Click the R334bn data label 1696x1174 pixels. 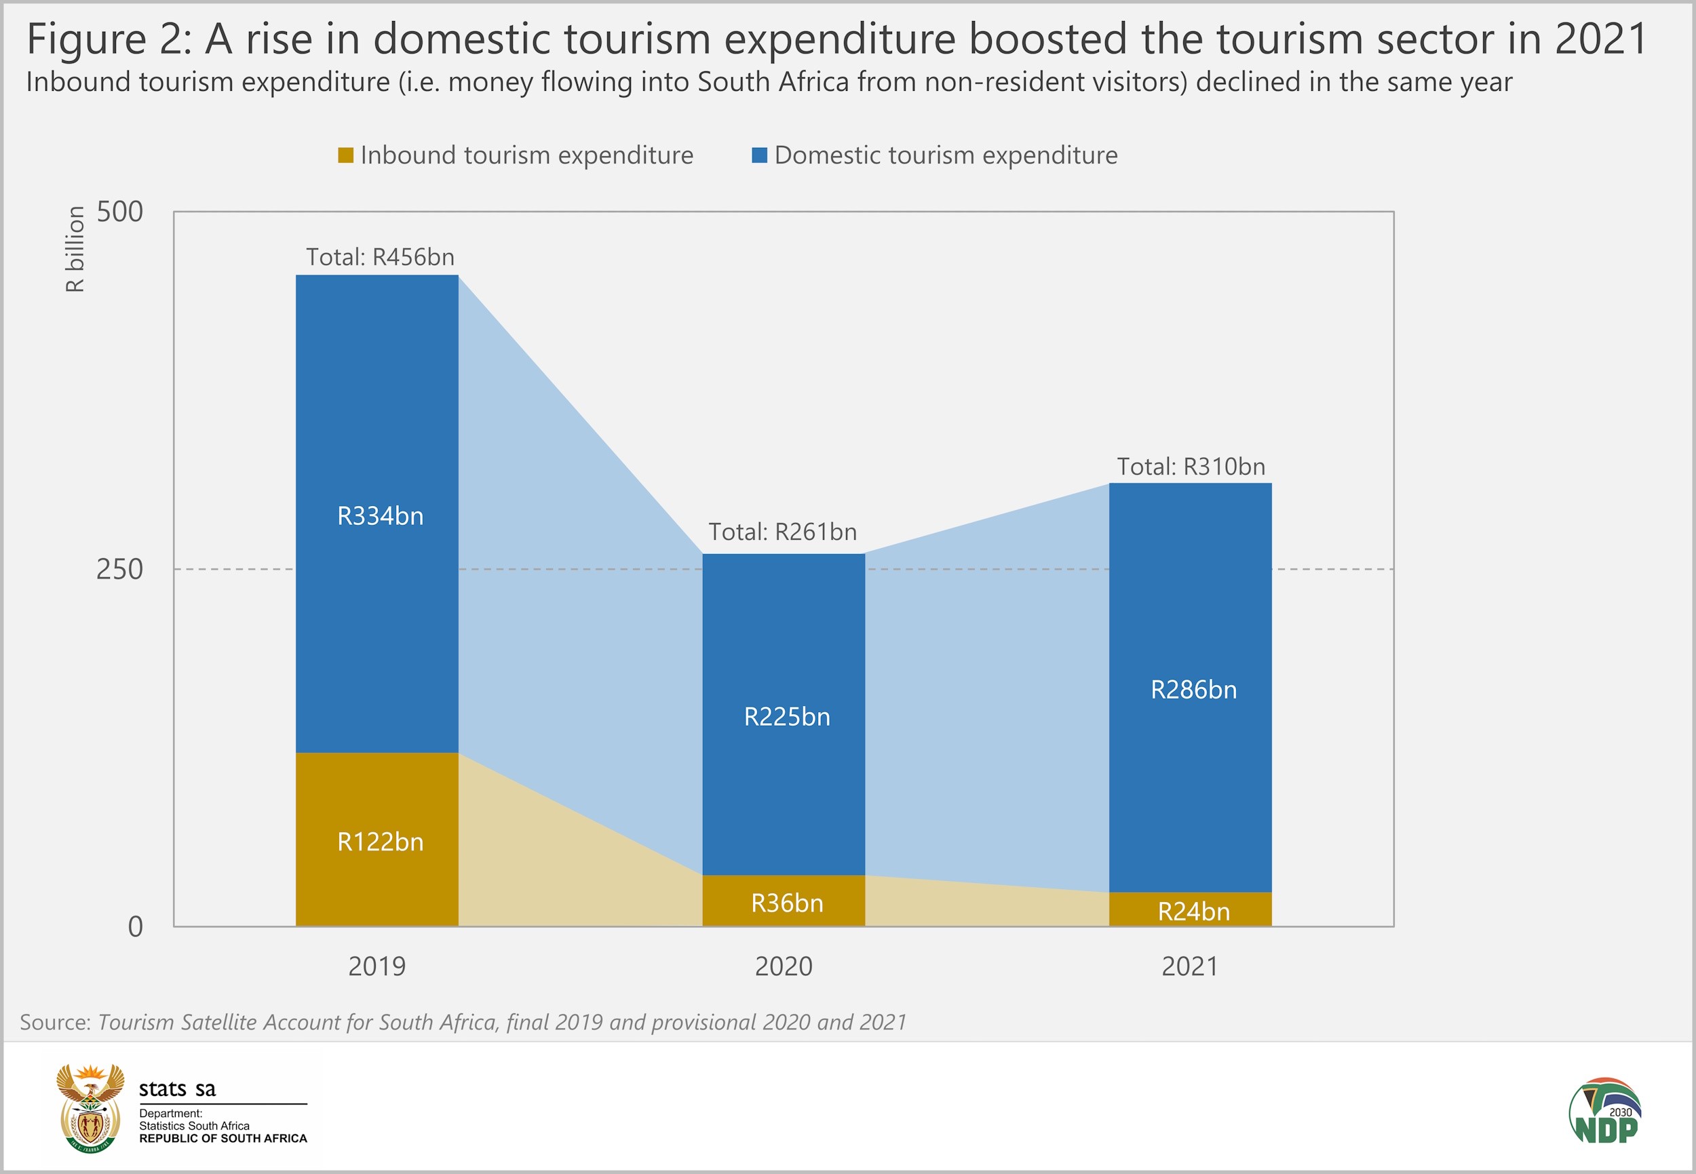[x=380, y=515]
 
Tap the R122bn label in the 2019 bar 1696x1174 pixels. [x=380, y=842]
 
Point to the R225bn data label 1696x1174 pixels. [x=786, y=716]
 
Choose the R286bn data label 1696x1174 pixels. [x=1193, y=689]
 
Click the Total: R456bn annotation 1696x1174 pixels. [x=380, y=257]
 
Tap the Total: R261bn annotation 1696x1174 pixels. [x=782, y=531]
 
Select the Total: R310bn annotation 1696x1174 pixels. [x=1191, y=467]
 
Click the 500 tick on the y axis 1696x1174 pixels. [x=120, y=212]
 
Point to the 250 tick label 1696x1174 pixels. [x=120, y=569]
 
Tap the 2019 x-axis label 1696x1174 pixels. [x=377, y=966]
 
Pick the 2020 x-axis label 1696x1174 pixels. [x=784, y=966]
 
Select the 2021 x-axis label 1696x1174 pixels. [x=1190, y=966]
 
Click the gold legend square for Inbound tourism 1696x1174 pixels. [x=345, y=155]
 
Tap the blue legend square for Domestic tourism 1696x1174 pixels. [x=759, y=155]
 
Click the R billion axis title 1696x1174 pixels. [x=75, y=249]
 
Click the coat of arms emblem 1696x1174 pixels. [x=90, y=1108]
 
